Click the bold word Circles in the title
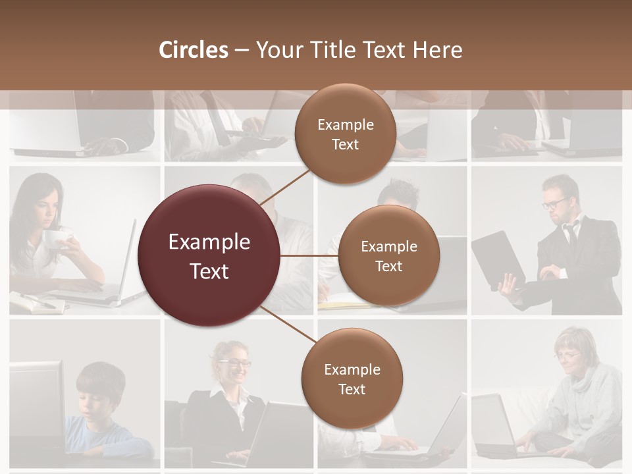tap(194, 50)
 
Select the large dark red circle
tap(209, 255)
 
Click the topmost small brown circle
tap(345, 134)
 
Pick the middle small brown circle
tap(388, 255)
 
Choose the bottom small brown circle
tap(352, 379)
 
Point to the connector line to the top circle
tap(286, 189)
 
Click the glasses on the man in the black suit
tap(555, 202)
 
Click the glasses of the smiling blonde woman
tap(238, 363)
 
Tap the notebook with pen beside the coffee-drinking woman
tap(36, 302)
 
